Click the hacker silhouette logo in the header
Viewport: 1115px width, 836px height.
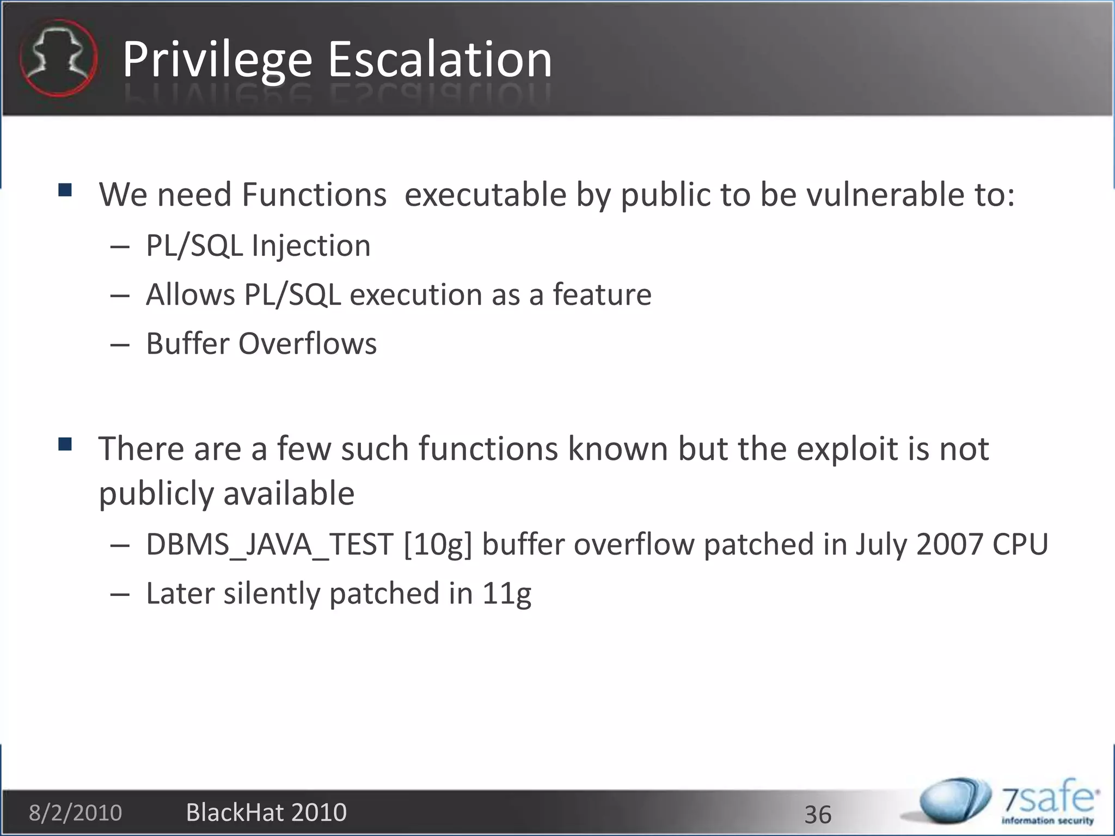(58, 58)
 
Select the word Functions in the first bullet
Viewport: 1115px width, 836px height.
(314, 194)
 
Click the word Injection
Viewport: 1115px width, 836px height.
(311, 245)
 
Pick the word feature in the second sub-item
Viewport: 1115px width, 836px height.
(602, 294)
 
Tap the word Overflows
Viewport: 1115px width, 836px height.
(308, 343)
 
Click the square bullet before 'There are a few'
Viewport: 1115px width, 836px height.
(65, 445)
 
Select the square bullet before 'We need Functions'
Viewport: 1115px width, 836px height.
(65, 190)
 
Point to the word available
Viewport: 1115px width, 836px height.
(289, 494)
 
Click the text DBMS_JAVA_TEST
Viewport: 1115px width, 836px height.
(269, 544)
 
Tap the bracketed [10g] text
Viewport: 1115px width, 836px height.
(438, 544)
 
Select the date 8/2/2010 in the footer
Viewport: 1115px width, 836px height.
(75, 813)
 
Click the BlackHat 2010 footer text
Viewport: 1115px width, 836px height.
(266, 813)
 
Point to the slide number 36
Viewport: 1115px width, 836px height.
(818, 815)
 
